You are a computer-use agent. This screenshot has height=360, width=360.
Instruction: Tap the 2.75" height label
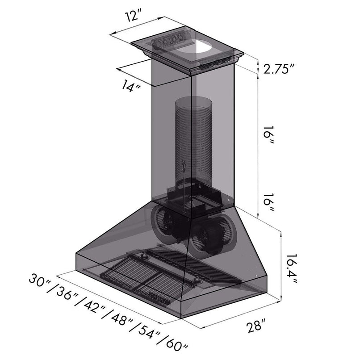click(x=279, y=69)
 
